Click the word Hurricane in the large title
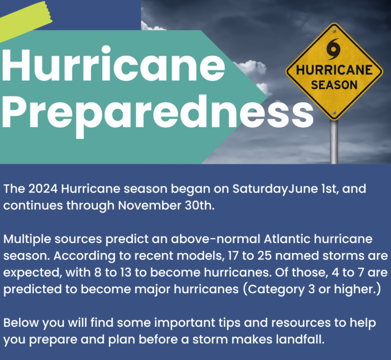(x=114, y=64)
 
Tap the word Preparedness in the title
(x=158, y=114)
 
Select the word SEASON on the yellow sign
(x=334, y=85)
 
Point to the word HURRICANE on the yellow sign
(x=334, y=70)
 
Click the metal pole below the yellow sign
(x=334, y=142)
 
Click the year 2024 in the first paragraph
(x=43, y=189)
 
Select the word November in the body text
(x=150, y=205)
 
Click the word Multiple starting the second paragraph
(x=27, y=239)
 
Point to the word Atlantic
(x=287, y=239)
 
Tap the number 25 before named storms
(x=265, y=256)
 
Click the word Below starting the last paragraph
(x=21, y=323)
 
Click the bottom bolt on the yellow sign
(x=334, y=113)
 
